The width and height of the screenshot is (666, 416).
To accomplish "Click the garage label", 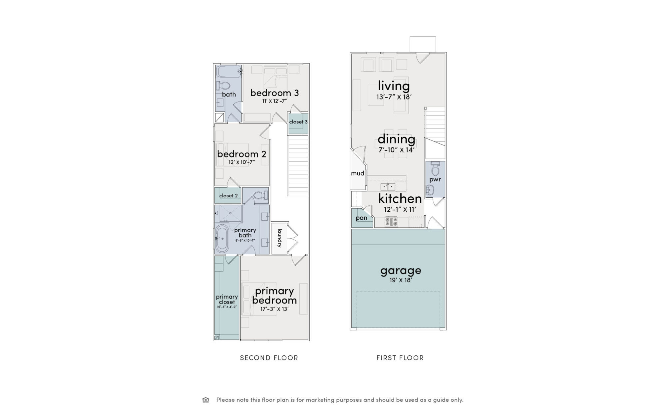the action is point(401,271).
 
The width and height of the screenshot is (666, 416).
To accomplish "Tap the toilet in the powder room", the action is point(435,169).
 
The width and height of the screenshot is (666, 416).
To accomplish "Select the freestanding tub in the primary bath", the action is point(222,238).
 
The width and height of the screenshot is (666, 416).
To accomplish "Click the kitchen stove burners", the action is point(391,222).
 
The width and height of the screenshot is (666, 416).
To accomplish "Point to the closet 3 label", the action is point(298,122).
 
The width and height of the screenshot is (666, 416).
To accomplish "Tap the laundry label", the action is point(280,238).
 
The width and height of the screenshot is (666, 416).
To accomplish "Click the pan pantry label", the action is point(362,218).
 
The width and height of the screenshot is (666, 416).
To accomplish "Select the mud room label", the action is point(358,173).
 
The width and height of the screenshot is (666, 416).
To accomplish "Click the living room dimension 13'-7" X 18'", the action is point(394,97).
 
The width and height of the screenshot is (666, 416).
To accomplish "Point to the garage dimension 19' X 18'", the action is point(401,280).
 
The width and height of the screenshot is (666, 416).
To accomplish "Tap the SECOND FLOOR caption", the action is point(269,358).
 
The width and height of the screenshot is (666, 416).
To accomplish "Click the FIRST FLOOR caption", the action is point(400,358).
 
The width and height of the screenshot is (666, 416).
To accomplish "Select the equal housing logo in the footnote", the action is point(206,400).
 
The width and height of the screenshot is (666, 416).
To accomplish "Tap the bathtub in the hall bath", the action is point(229,72).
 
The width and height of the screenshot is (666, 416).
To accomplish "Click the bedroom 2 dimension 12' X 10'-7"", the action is point(242,162).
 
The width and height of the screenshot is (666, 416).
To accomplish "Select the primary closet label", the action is point(227,300).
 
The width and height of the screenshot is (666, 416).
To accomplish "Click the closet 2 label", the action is point(228,196).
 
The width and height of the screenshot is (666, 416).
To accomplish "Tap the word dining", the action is point(396,139).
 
